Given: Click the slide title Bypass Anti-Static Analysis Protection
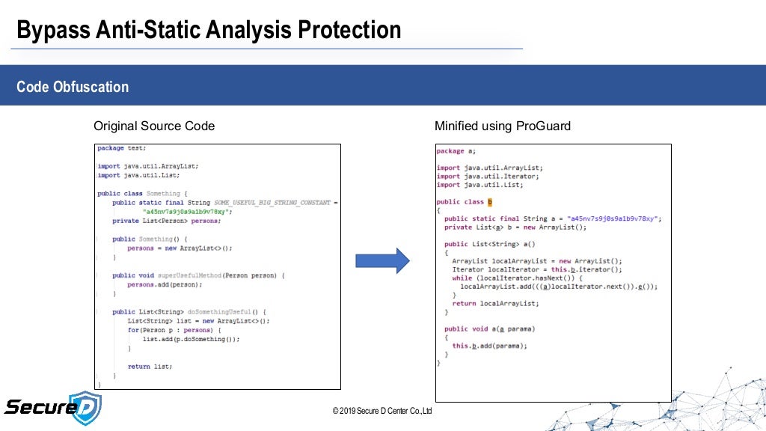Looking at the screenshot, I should tap(209, 30).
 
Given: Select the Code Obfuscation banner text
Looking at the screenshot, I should tap(73, 87).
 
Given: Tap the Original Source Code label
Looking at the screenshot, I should tap(153, 126).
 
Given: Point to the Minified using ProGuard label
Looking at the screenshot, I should tap(502, 126).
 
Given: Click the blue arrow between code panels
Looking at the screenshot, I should tap(382, 260).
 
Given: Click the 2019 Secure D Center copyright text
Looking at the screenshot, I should tap(382, 411).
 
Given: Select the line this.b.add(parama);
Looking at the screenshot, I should tap(489, 346).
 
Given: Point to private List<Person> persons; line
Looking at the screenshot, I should tap(166, 221).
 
